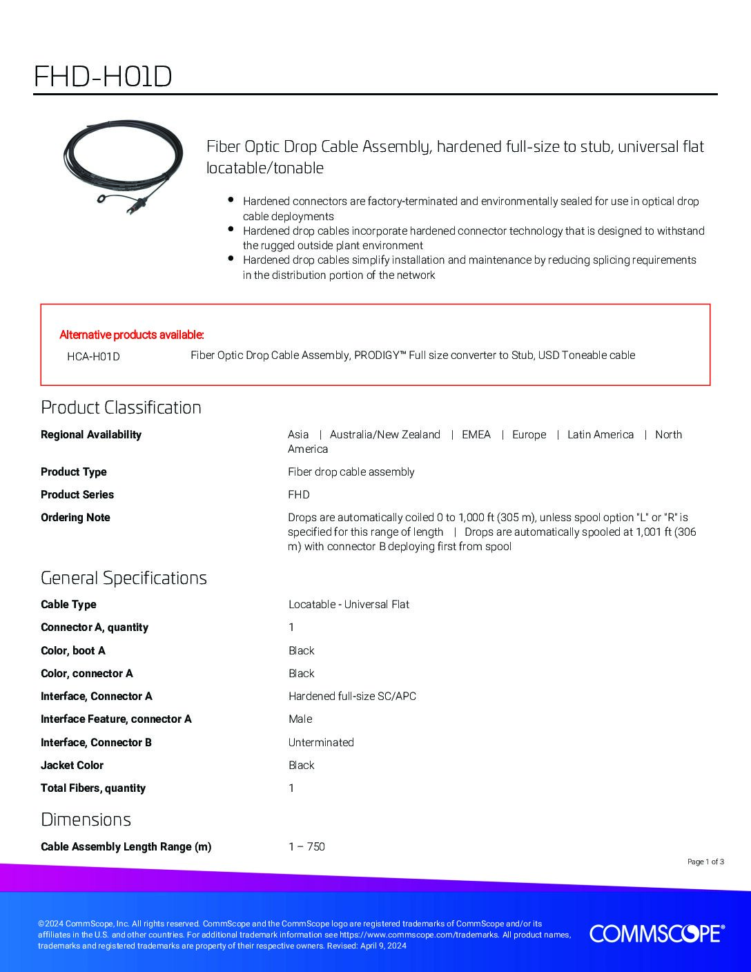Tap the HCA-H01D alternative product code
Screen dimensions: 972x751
point(93,356)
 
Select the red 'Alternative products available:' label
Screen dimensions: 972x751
point(132,335)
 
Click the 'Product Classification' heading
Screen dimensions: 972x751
point(121,407)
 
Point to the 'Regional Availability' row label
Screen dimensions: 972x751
point(90,434)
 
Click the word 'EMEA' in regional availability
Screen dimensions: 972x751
point(476,434)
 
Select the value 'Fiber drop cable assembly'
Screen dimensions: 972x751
point(351,472)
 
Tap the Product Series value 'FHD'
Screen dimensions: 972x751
point(298,494)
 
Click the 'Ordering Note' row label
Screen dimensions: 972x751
point(75,517)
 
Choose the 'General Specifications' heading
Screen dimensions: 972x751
point(124,578)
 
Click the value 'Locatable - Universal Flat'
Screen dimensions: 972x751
point(349,604)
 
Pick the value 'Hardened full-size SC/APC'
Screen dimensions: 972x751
point(352,696)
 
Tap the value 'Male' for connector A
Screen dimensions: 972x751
point(300,719)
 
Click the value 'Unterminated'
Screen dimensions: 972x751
point(321,742)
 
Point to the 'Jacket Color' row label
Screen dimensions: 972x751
point(72,765)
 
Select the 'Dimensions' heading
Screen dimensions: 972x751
point(86,819)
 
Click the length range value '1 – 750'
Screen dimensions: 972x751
point(306,846)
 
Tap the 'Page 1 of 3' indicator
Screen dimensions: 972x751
point(705,862)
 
